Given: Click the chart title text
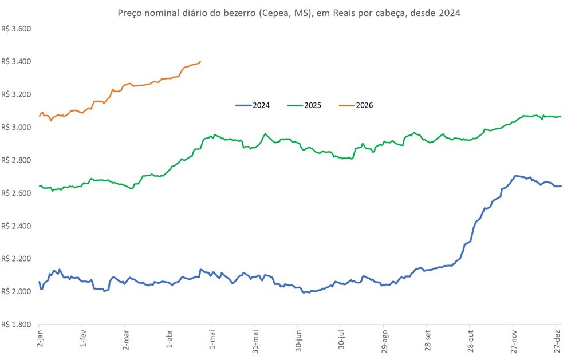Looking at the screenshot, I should [x=289, y=13].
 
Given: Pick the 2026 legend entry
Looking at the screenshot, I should [x=364, y=105].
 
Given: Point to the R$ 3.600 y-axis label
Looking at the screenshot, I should [x=16, y=29].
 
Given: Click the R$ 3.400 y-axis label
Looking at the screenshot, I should [x=16, y=62].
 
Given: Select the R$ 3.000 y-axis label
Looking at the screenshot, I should [x=16, y=128].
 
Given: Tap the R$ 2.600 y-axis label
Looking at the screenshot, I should [x=16, y=193].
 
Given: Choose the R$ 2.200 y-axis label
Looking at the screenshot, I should [x=16, y=259].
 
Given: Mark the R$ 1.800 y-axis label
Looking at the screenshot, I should [x=16, y=325].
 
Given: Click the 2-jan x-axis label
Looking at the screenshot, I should [x=40, y=341].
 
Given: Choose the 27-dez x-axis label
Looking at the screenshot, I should [x=556, y=342].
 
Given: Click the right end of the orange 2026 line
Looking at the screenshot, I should [x=200, y=62].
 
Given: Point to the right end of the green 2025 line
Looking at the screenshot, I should [x=561, y=116].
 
